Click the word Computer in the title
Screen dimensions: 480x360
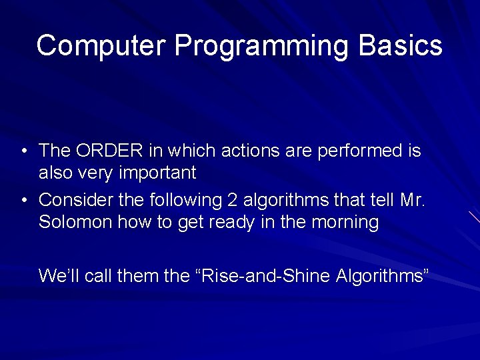pyautogui.click(x=101, y=45)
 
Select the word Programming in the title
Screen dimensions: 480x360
pyautogui.click(x=261, y=47)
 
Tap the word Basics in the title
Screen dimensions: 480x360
pyautogui.click(x=401, y=45)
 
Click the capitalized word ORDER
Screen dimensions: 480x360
pyautogui.click(x=109, y=150)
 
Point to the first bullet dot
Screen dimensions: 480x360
pyautogui.click(x=25, y=151)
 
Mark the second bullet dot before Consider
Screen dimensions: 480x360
pyautogui.click(x=25, y=201)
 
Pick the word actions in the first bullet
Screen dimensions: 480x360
pyautogui.click(x=251, y=150)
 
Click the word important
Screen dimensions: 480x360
pyautogui.click(x=157, y=173)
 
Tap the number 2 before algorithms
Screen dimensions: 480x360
pyautogui.click(x=232, y=200)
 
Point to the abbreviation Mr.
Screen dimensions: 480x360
pyautogui.click(x=413, y=200)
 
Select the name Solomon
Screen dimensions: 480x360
pyautogui.click(x=75, y=221)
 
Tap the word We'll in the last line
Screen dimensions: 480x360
pyautogui.click(x=59, y=275)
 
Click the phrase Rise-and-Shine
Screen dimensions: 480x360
pyautogui.click(x=265, y=275)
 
